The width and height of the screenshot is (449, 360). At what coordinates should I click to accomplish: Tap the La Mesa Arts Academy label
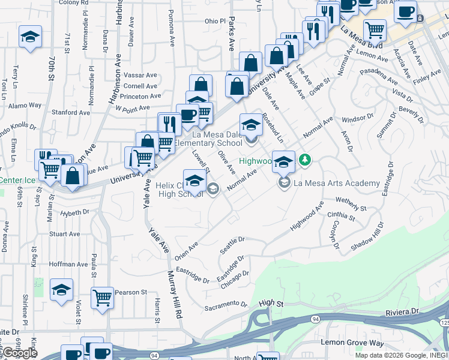336,183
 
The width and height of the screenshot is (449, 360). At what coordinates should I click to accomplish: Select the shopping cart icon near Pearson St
103,298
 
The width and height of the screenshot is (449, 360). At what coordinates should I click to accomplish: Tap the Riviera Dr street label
400,312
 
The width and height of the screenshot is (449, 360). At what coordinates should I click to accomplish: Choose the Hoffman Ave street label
68,264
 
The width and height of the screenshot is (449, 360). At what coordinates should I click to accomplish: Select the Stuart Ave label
64,234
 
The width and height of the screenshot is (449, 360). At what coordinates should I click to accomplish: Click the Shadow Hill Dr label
367,237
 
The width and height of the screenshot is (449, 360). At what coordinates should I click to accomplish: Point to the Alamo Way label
25,105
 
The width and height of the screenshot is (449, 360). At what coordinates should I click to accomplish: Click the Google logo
19,353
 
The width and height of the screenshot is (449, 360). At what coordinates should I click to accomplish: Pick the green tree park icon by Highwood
306,159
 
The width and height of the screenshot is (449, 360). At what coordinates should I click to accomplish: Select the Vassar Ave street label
140,76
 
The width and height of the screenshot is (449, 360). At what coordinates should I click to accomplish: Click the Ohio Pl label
214,21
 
